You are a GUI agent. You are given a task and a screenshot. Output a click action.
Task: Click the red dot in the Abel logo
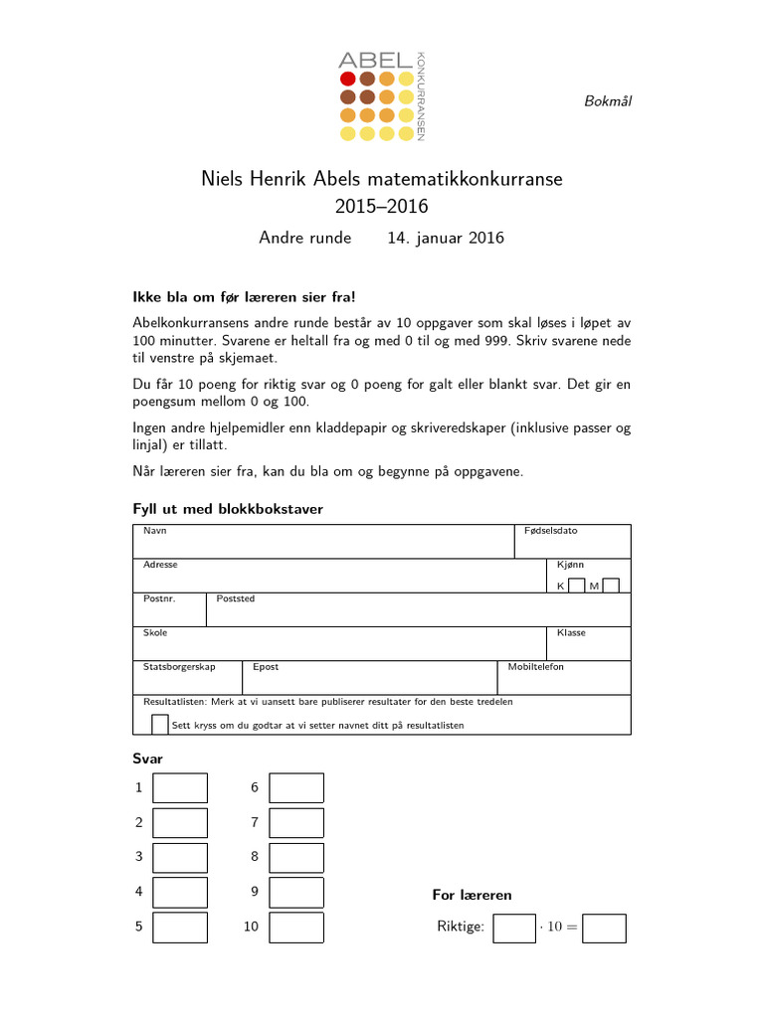[348, 79]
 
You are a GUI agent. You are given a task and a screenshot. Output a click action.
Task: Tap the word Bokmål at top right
[607, 100]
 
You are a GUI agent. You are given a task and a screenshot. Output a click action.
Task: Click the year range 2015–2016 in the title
[382, 207]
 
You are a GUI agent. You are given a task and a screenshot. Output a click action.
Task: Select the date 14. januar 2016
[446, 238]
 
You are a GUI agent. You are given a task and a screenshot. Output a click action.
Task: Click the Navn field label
[154, 531]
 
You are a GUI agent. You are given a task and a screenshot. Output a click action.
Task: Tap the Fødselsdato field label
[550, 531]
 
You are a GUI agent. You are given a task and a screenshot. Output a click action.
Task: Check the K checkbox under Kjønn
[576, 586]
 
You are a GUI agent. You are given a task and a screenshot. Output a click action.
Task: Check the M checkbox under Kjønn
[611, 586]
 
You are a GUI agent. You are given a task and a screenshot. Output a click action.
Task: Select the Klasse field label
[571, 632]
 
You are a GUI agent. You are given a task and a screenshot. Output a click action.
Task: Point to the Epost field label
[266, 667]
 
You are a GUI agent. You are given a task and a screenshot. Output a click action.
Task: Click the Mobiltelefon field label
[535, 667]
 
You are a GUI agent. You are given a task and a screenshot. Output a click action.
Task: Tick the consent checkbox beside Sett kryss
[159, 724]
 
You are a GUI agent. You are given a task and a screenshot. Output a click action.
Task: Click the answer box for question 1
[180, 787]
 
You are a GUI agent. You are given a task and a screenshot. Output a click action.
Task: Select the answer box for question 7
[296, 822]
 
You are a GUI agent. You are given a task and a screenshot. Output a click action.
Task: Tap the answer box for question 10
[296, 927]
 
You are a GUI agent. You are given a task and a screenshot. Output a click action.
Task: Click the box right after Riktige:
[514, 928]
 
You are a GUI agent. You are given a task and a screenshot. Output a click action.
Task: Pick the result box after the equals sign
[605, 928]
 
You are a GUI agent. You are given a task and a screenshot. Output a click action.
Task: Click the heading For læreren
[472, 895]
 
